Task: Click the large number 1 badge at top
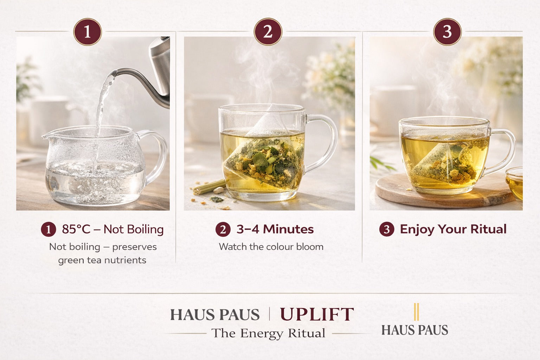pos(88,32)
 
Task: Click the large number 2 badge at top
pos(268,32)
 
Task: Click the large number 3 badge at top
pos(447,32)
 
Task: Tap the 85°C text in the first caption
pos(76,229)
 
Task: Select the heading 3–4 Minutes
pos(275,229)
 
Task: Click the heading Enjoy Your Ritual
pos(453,229)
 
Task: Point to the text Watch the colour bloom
pos(271,247)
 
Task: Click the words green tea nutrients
pos(102,260)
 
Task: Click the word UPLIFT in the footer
pos(317,314)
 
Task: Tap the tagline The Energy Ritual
pos(268,333)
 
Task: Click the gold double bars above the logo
pos(416,311)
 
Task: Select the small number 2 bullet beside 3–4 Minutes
pos(223,230)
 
